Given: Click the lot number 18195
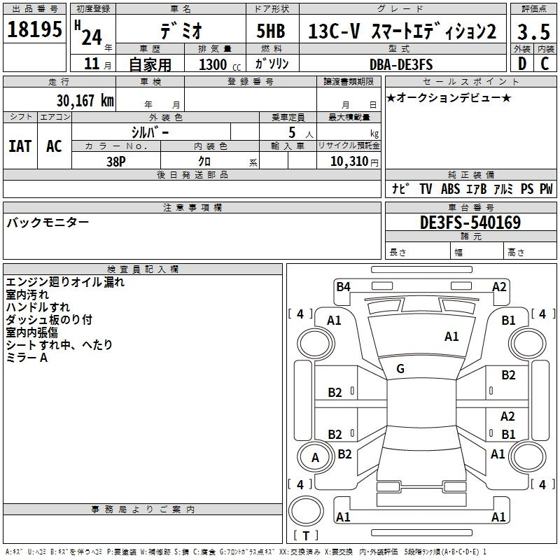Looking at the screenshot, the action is pos(34,29).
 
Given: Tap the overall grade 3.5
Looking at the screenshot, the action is pos(533,31).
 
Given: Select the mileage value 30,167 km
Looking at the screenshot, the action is pos(85,101).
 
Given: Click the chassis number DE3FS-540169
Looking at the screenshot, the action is pos(470,223).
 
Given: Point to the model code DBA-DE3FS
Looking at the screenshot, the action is pos(401,64).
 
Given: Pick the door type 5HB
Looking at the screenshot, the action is pos(271,31).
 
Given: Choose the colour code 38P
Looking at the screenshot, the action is pos(116,162).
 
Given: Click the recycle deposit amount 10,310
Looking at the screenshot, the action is pos(349,162).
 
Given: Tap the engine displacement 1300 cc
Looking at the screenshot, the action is pos(220,64).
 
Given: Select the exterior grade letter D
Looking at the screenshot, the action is pos(522,64).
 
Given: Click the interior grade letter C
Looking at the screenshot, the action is pos(545,64).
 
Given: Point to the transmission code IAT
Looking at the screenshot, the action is pos(20,146).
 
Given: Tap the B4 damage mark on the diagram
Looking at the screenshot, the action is pos(343,287).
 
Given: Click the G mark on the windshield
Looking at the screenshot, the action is pos(400,369).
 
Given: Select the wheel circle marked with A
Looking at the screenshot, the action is pos(316,458).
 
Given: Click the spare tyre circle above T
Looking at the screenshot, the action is pos(306,510).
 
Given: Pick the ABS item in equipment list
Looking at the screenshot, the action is pos(450,188).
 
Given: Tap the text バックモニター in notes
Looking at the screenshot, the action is pos(48,222).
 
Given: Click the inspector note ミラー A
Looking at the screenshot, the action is pos(27,358).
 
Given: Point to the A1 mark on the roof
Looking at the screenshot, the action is pos(451,337).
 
